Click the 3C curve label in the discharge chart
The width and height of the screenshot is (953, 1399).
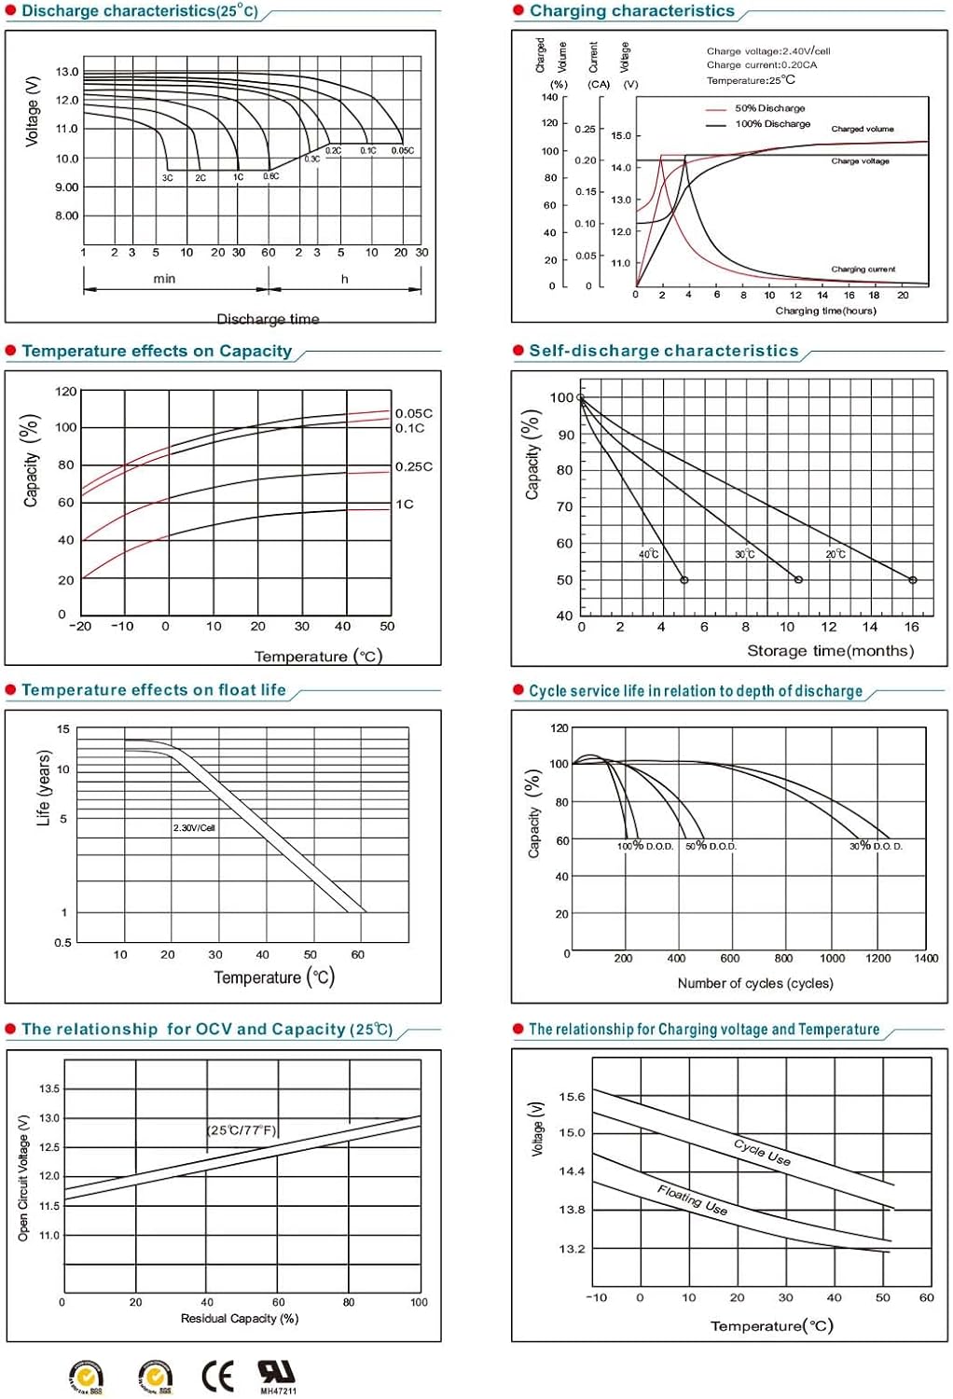pos(168,177)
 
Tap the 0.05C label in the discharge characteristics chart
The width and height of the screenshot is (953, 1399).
pos(403,150)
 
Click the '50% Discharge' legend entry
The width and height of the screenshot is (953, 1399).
pos(769,108)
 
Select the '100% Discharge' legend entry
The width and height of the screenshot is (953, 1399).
pos(772,123)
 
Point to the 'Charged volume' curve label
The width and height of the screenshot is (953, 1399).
pos(862,129)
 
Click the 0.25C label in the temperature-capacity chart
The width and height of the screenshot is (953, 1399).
pos(413,466)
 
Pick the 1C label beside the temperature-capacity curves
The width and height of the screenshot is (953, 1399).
pos(404,504)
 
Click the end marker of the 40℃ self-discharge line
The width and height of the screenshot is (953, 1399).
pos(684,580)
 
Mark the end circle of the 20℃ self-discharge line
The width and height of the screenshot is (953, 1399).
pos(913,580)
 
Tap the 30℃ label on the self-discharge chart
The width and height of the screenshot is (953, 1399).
pos(744,554)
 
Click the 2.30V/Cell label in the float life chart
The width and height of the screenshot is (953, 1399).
pos(194,827)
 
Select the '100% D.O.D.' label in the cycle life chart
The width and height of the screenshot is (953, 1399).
pos(645,846)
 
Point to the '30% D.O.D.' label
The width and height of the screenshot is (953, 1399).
pos(876,846)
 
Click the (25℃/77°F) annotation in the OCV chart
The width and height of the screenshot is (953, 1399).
pos(242,1129)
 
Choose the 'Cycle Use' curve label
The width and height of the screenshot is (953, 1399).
pos(762,1152)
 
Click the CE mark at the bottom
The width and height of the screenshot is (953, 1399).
pos(217,1376)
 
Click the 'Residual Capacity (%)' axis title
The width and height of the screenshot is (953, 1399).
pos(239,1318)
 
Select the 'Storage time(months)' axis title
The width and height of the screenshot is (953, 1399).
pos(830,650)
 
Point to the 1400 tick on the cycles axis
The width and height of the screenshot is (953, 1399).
pos(925,958)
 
